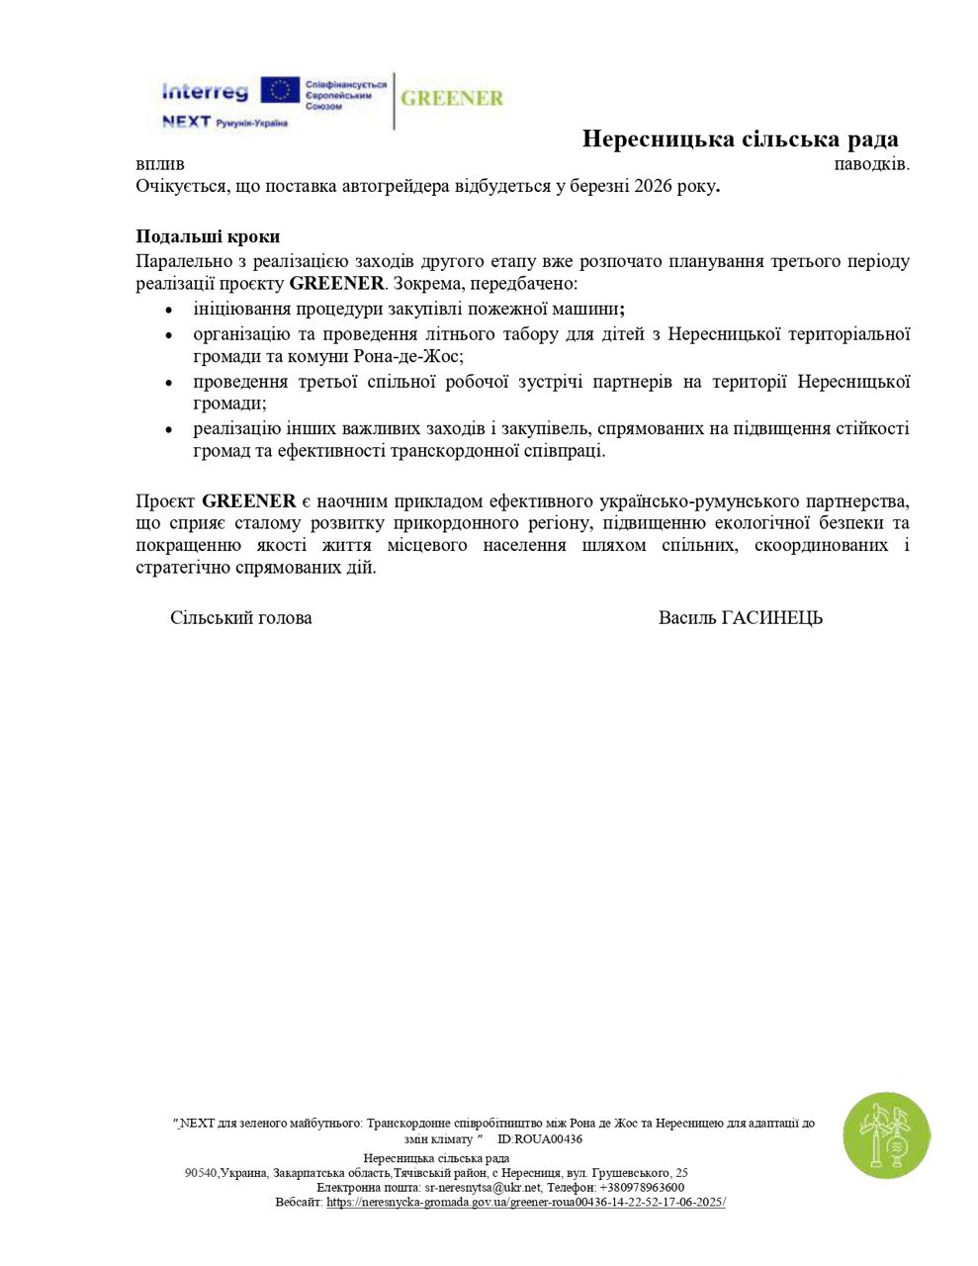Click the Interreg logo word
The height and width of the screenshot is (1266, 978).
click(x=205, y=92)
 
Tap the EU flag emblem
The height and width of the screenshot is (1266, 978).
click(x=280, y=90)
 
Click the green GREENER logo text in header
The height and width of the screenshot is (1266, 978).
click(x=452, y=99)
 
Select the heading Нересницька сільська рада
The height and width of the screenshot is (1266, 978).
click(x=740, y=138)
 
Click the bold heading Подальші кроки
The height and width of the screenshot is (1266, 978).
click(x=208, y=236)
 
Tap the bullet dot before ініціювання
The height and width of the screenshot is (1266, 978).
click(x=169, y=310)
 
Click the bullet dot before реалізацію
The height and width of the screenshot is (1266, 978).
click(x=169, y=429)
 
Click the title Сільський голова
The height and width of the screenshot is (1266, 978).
click(x=241, y=618)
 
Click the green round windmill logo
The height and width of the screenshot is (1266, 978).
click(x=886, y=1136)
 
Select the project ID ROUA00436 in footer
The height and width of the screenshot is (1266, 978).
click(x=548, y=1139)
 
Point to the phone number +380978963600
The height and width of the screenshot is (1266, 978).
click(x=642, y=1187)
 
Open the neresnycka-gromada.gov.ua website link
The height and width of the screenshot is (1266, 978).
click(x=526, y=1202)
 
